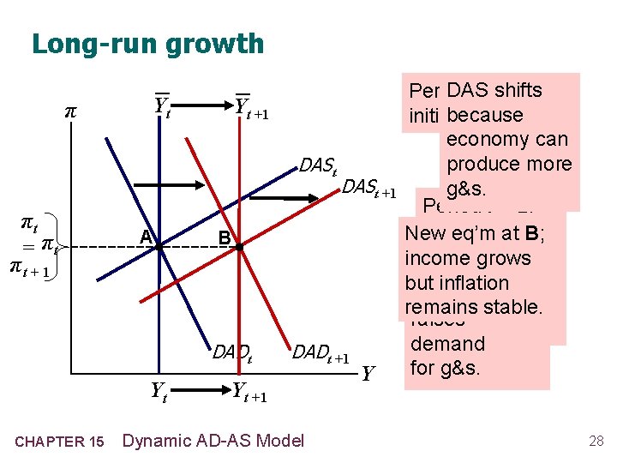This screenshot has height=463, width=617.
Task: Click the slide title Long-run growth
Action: tap(147, 43)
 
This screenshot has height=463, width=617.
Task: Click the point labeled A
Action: tap(159, 247)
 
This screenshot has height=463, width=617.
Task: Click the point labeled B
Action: tap(241, 247)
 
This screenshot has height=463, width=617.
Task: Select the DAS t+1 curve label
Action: tap(369, 189)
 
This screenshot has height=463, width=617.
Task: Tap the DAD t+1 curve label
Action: tap(321, 352)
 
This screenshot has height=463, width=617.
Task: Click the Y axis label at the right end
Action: tap(368, 375)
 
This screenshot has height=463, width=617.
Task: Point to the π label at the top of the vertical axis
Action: tap(70, 112)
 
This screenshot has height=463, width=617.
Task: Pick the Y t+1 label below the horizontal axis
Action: tap(249, 394)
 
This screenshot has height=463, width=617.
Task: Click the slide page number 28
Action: tap(596, 441)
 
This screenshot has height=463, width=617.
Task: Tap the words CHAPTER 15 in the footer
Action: tap(61, 442)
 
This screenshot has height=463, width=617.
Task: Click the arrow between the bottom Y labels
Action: tap(202, 393)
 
